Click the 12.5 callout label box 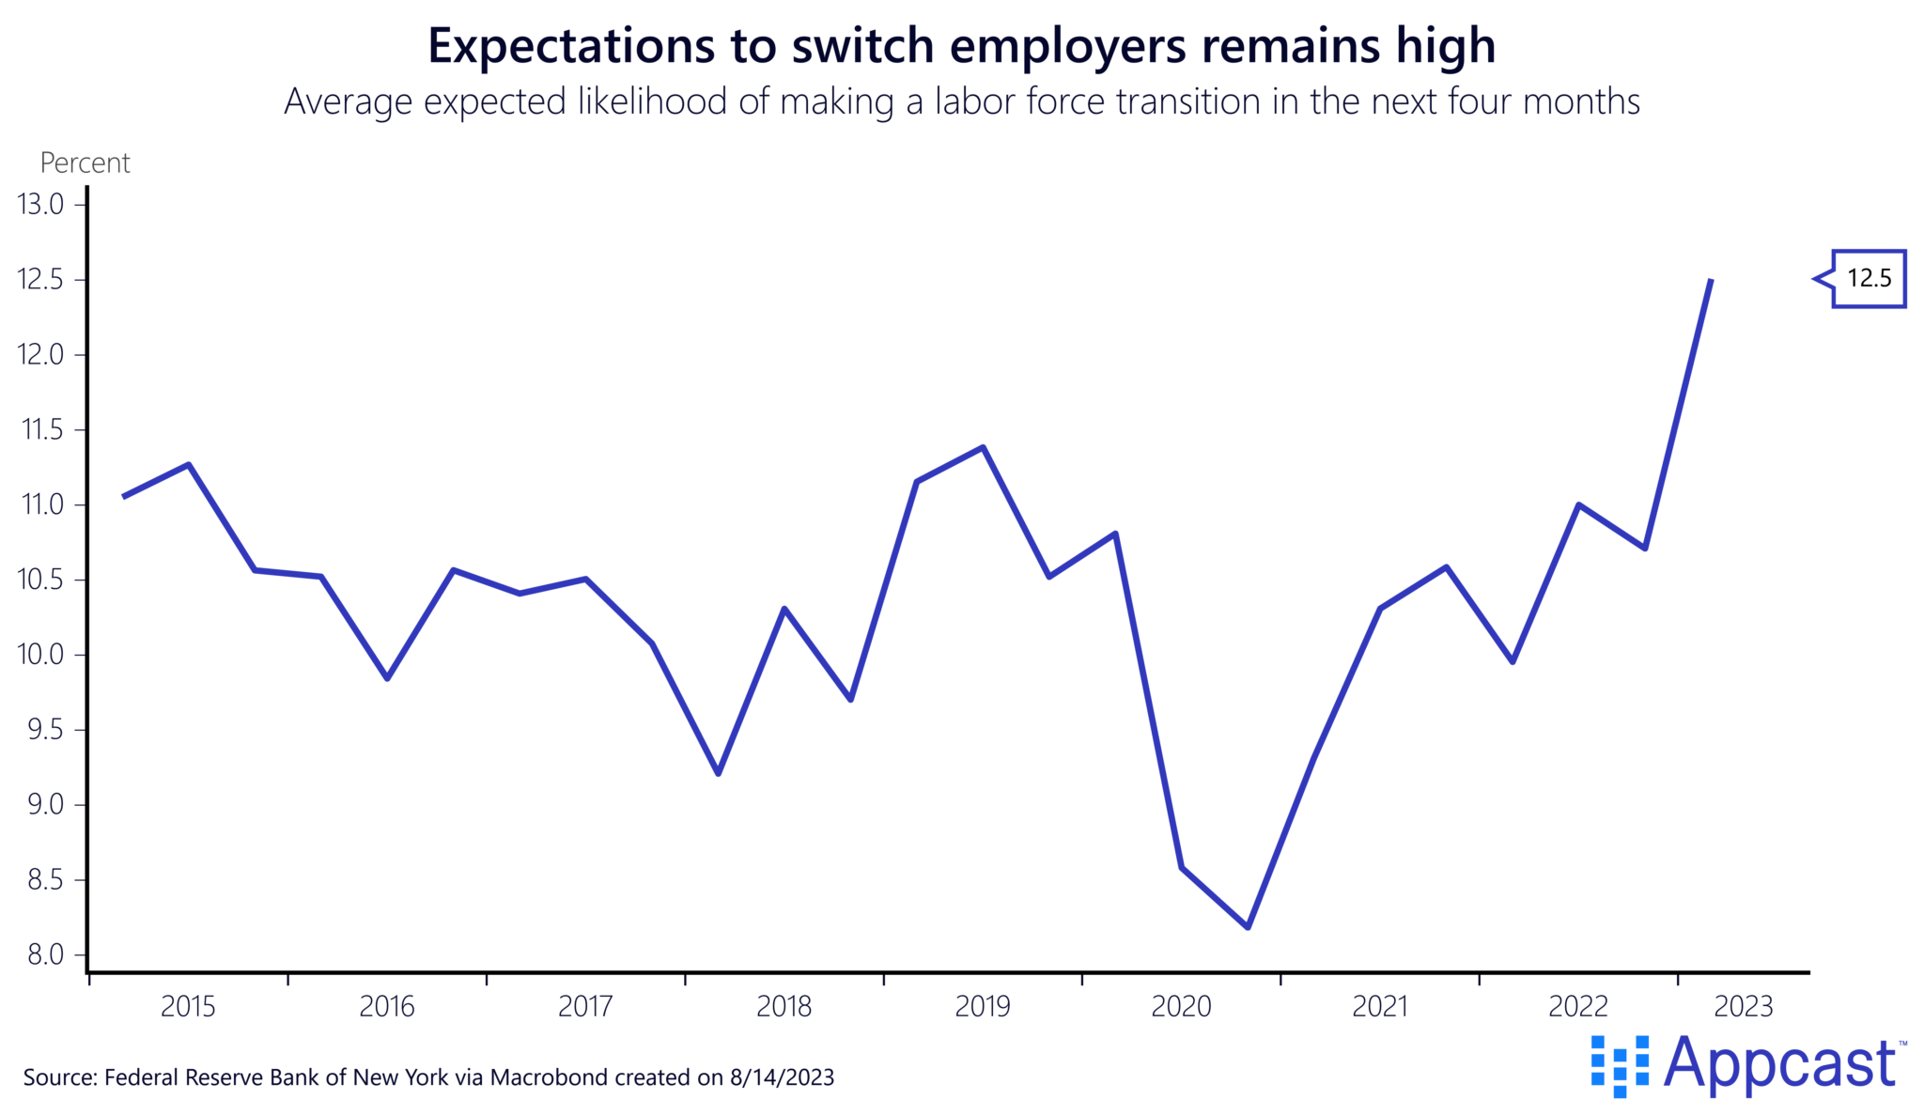click(1868, 279)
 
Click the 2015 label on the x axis click(188, 1007)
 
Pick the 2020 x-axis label click(1181, 1007)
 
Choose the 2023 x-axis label click(1744, 1007)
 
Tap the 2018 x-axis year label click(784, 1007)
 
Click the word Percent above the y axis click(85, 163)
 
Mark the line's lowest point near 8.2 click(1248, 927)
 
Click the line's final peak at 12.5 click(1711, 280)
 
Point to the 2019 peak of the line click(983, 447)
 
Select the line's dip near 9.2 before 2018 click(718, 773)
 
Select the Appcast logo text click(1780, 1064)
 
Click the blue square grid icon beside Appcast click(1620, 1065)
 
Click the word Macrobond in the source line click(549, 1077)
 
